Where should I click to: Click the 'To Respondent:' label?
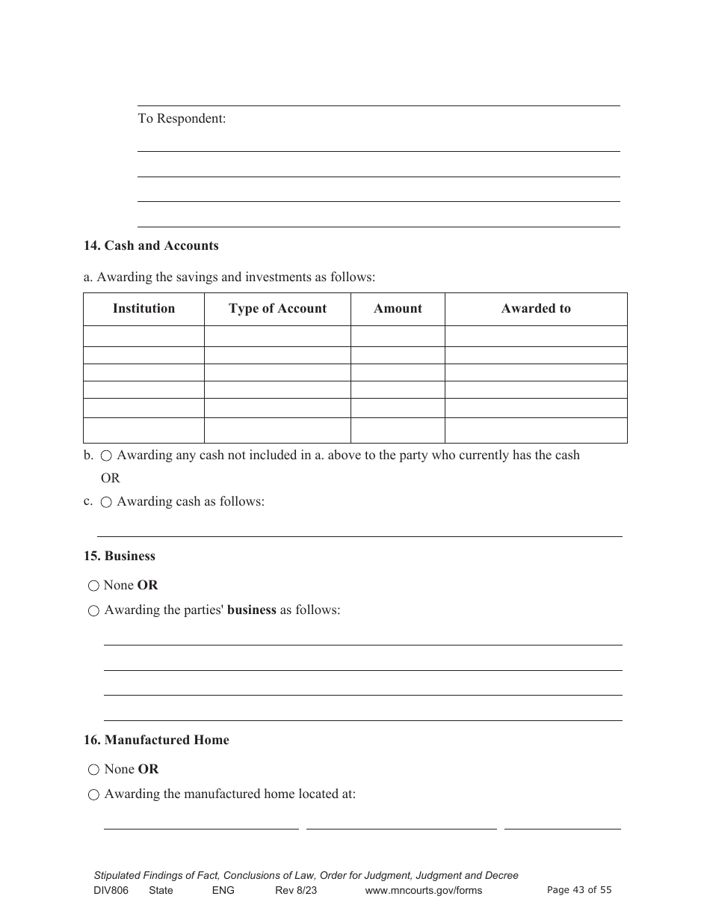pyautogui.click(x=182, y=118)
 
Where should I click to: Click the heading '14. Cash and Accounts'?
pyautogui.click(x=151, y=245)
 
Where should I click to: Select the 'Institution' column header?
pyautogui.click(x=143, y=308)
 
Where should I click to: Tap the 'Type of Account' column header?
pyautogui.click(x=277, y=308)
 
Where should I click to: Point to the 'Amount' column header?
pyautogui.click(x=398, y=308)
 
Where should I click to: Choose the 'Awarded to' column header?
pyautogui.click(x=536, y=308)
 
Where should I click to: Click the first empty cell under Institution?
pyautogui.click(x=143, y=336)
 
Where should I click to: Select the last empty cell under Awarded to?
pyautogui.click(x=536, y=430)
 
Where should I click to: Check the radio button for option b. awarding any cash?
pyautogui.click(x=106, y=456)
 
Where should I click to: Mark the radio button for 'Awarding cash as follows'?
pyautogui.click(x=106, y=502)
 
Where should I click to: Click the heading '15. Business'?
pyautogui.click(x=120, y=556)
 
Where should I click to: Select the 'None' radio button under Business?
pyautogui.click(x=93, y=586)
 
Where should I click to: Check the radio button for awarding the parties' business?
pyautogui.click(x=93, y=610)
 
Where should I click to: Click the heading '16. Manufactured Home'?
pyautogui.click(x=156, y=740)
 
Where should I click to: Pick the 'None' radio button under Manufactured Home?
pyautogui.click(x=93, y=770)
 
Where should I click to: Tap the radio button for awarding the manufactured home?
pyautogui.click(x=93, y=794)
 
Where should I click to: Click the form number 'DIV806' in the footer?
pyautogui.click(x=111, y=890)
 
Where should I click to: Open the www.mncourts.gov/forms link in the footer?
pyautogui.click(x=423, y=890)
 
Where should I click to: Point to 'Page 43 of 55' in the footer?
pyautogui.click(x=579, y=889)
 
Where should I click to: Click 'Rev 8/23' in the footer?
pyautogui.click(x=296, y=890)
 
